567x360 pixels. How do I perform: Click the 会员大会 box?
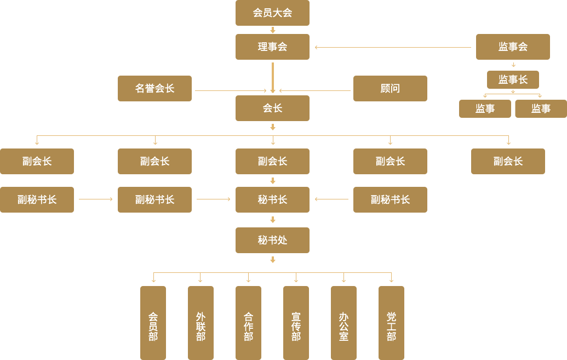[272, 13]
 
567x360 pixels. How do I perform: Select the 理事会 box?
[272, 47]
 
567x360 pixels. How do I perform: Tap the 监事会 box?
[513, 47]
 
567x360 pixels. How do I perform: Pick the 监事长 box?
[513, 79]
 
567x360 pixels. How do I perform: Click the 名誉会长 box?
[154, 88]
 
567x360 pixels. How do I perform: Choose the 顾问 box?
[390, 88]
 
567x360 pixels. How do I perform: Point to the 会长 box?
[272, 108]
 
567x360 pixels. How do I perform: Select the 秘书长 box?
[272, 199]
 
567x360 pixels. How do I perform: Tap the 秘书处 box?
[272, 240]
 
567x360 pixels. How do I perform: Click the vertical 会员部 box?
[153, 323]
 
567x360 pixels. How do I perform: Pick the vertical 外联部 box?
[201, 323]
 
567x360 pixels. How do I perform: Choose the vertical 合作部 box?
[248, 323]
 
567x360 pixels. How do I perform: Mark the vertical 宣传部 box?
[296, 323]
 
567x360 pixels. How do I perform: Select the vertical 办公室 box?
[343, 323]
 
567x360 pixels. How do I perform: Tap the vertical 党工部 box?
[391, 323]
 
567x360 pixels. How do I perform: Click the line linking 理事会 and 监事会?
[394, 47]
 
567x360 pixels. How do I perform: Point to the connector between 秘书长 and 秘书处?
[272, 220]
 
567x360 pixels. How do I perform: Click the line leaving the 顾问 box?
[317, 91]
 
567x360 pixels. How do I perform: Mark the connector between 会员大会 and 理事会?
[272, 30]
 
